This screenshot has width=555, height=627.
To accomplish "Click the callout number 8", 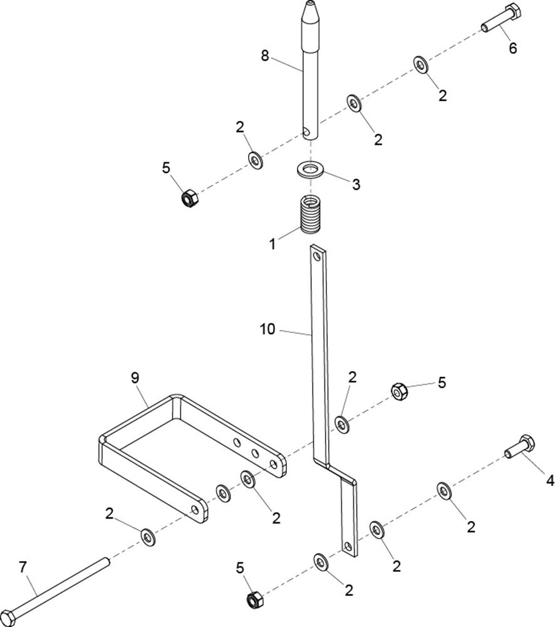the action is tap(265, 56).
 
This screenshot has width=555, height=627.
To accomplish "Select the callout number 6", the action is tap(512, 48).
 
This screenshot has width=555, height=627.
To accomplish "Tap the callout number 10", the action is tap(267, 329).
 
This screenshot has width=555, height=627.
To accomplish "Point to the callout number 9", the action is tap(135, 377).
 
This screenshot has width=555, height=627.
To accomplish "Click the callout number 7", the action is tap(23, 567).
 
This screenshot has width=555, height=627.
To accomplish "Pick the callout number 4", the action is tap(550, 480).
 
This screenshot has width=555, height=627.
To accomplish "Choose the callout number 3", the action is tap(356, 184).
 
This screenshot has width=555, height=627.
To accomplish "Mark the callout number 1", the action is tap(272, 244).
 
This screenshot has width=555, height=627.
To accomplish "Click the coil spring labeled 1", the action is tap(311, 214).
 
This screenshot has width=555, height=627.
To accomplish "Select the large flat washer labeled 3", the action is tap(310, 170).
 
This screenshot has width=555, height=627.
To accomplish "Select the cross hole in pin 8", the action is tap(306, 131).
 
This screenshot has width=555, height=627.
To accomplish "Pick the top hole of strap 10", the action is tap(318, 256).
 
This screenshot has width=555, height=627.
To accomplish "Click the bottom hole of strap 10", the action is tap(348, 546).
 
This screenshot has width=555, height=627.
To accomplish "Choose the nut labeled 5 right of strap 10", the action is tap(399, 391).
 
